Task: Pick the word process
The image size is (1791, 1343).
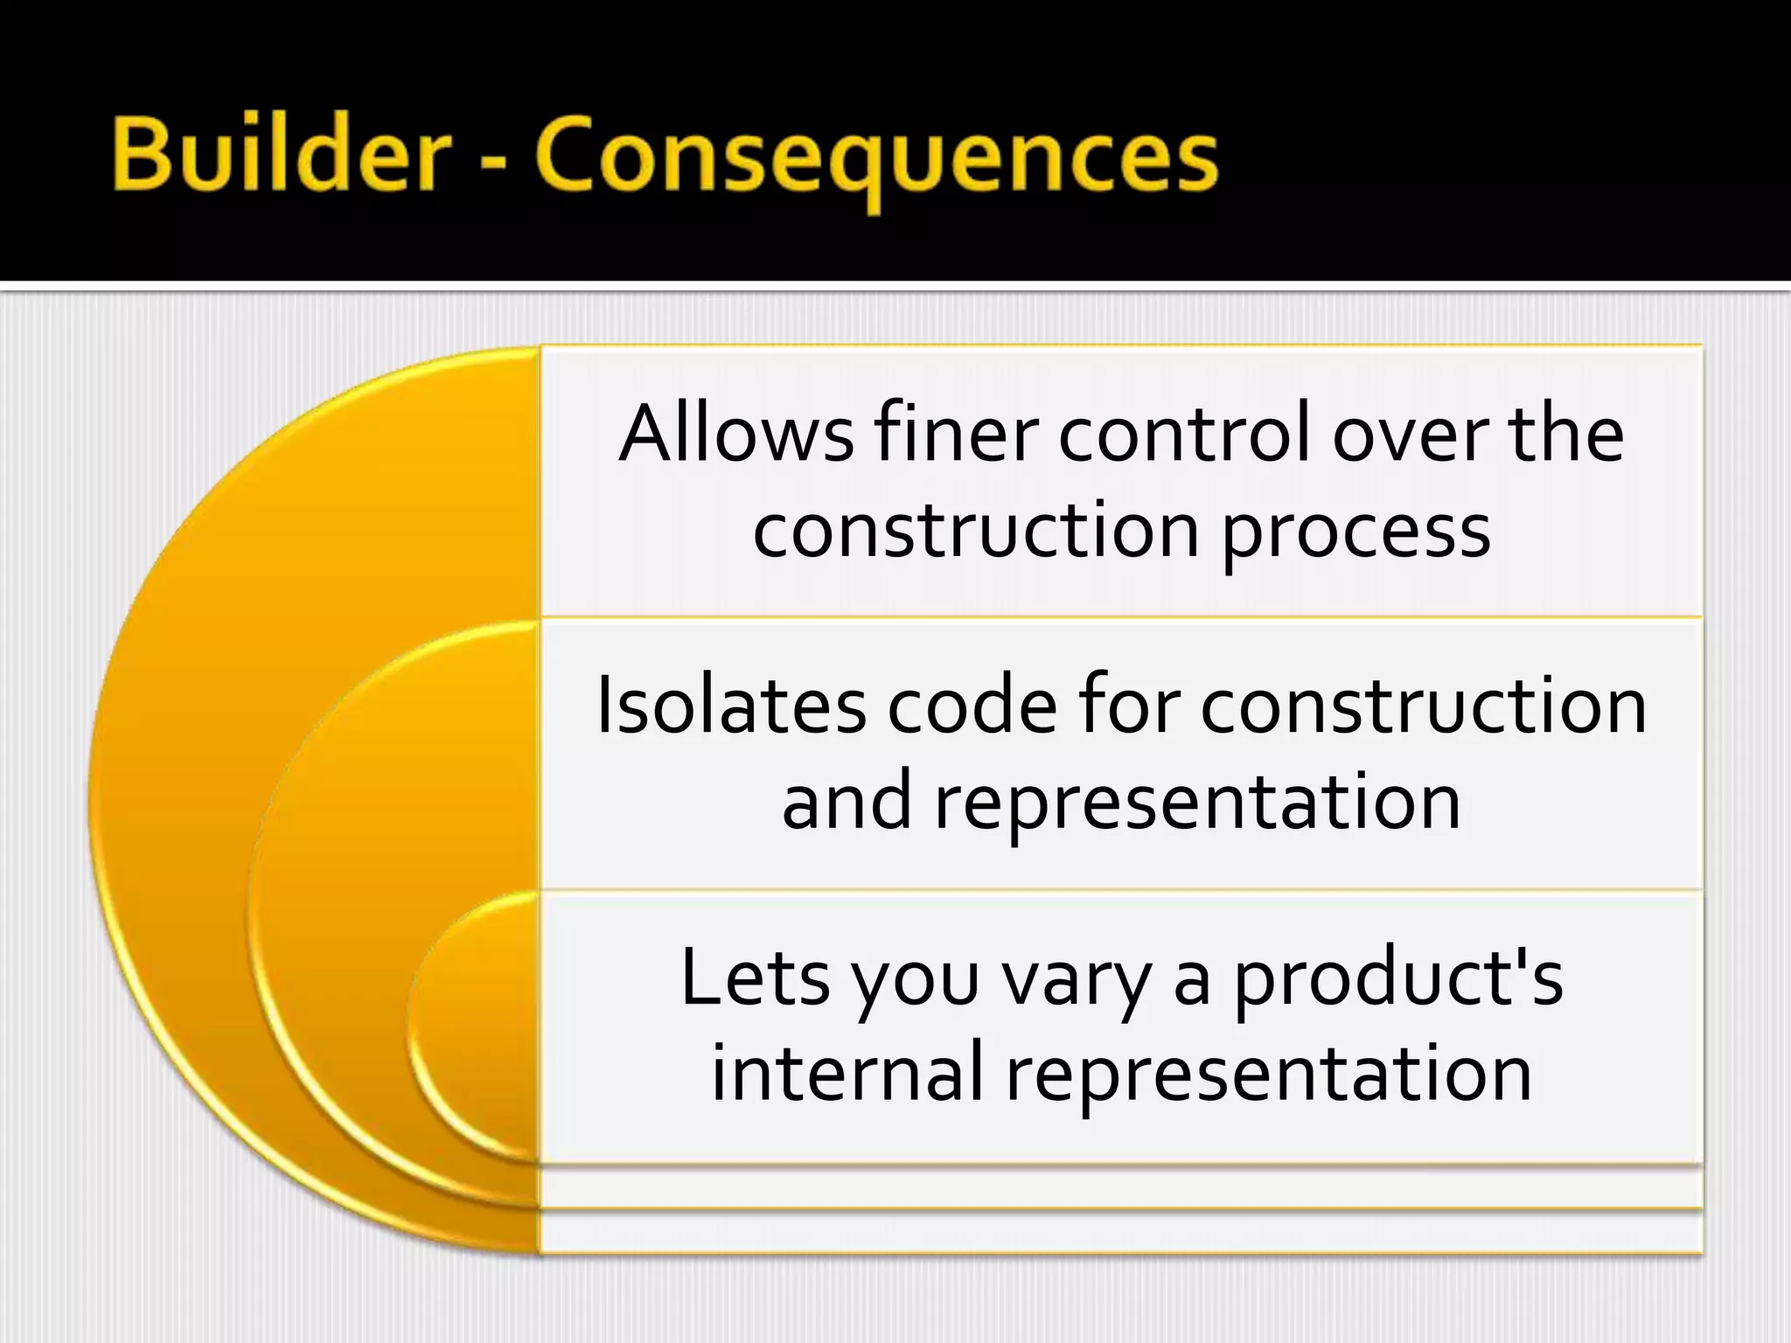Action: [x=1355, y=532]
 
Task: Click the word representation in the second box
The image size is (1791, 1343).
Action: [x=1198, y=803]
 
